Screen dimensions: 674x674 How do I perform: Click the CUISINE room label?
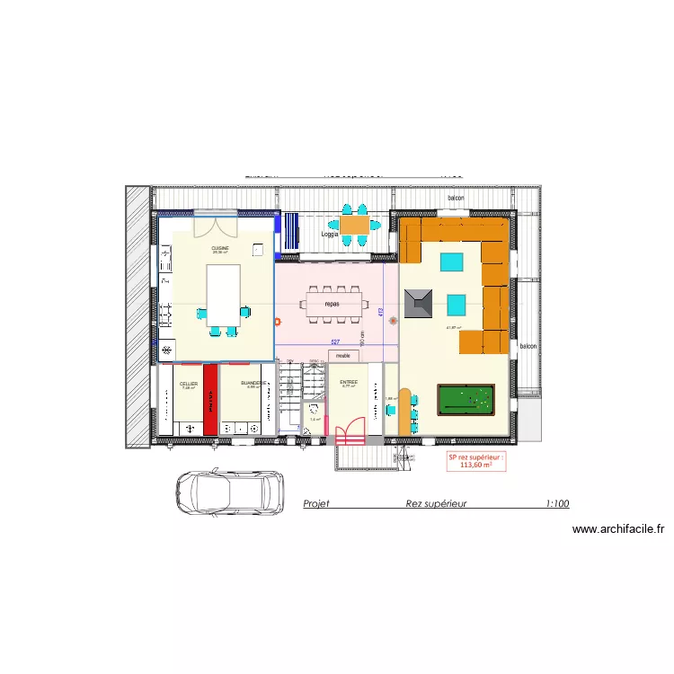pyautogui.click(x=220, y=247)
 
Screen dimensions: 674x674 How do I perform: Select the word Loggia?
pyautogui.click(x=330, y=235)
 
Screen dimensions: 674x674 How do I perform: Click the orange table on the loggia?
pyautogui.click(x=353, y=224)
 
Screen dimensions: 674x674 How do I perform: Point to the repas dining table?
pyautogui.click(x=338, y=303)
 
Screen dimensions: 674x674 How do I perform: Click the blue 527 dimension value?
pyautogui.click(x=334, y=342)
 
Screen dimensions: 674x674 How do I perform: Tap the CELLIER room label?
pyautogui.click(x=188, y=384)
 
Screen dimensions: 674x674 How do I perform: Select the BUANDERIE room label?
pyautogui.click(x=254, y=382)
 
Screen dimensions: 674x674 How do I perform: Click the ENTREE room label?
pyautogui.click(x=349, y=382)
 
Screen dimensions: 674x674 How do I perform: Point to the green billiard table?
pyautogui.click(x=466, y=400)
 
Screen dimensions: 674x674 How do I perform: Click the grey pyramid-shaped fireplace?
pyautogui.click(x=419, y=303)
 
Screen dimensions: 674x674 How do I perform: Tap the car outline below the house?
pyautogui.click(x=227, y=493)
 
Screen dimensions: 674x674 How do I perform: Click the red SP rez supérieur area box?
pyautogui.click(x=476, y=461)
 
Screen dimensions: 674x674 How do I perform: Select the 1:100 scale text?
pyautogui.click(x=556, y=504)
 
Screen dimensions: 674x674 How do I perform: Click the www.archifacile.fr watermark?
pyautogui.click(x=617, y=529)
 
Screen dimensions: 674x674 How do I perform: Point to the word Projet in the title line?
pyautogui.click(x=316, y=504)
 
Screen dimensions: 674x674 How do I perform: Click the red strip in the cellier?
pyautogui.click(x=210, y=400)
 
